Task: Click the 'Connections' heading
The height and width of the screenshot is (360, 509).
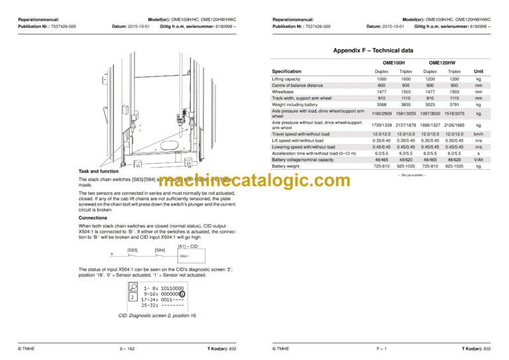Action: tap(92, 217)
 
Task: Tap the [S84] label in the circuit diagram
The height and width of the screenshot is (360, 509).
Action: tap(159, 250)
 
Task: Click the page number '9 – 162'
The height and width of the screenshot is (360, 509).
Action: tap(127, 348)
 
